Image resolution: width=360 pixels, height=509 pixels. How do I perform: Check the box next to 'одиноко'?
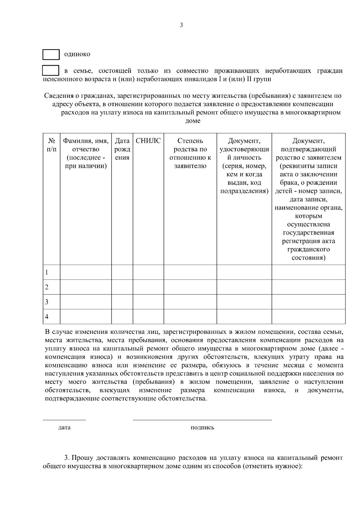51,55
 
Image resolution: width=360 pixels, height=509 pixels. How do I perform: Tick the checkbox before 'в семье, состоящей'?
50,71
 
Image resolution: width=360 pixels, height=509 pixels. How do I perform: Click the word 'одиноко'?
77,54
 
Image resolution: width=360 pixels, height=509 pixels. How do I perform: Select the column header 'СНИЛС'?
148,141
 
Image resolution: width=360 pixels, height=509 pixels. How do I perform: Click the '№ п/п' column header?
51,145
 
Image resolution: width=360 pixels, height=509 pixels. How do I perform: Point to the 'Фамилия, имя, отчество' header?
86,153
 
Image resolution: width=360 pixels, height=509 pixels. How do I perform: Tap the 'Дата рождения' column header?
122,149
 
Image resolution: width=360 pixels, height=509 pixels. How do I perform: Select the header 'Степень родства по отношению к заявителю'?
190,153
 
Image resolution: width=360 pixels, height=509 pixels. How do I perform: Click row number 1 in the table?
47,272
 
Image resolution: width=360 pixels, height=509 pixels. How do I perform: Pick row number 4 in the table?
47,317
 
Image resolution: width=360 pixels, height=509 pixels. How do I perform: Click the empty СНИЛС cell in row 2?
148,287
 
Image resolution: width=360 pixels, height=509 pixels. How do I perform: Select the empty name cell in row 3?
86,302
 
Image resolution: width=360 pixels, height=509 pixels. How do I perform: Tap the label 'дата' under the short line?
64,427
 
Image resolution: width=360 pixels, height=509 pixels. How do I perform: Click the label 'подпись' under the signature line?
202,427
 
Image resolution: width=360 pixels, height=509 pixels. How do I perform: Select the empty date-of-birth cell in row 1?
122,272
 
